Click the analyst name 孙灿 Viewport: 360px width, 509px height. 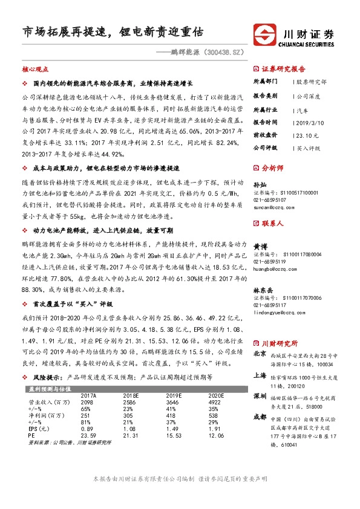point(258,184)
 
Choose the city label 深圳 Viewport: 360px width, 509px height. point(260,396)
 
